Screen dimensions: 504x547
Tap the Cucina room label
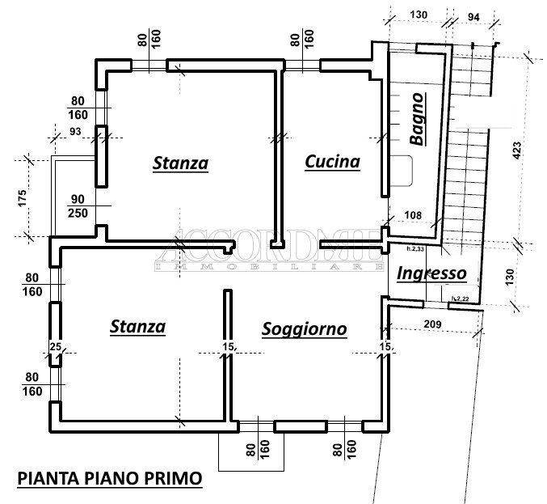click(x=332, y=162)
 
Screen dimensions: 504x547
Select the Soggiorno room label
click(x=304, y=329)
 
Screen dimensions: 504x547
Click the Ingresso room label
click(x=431, y=273)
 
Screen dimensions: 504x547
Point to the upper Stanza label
click(x=180, y=163)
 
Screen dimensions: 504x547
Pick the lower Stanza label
click(x=137, y=327)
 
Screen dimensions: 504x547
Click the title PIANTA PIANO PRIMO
click(x=109, y=478)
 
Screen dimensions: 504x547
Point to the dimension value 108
click(x=413, y=216)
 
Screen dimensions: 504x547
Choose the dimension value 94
click(x=473, y=15)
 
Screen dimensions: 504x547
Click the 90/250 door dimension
click(x=78, y=205)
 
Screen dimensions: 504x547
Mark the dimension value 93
click(x=76, y=132)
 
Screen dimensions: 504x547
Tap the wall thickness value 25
click(x=55, y=346)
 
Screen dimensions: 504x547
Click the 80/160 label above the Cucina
click(x=301, y=38)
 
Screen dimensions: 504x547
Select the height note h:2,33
click(x=416, y=249)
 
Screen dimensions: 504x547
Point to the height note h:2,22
click(x=460, y=299)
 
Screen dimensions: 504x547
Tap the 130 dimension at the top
click(x=418, y=15)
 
